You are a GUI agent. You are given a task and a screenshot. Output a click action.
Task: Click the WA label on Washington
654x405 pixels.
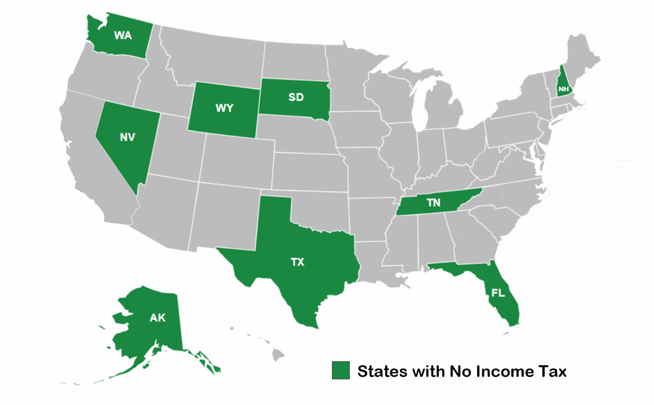tap(123, 36)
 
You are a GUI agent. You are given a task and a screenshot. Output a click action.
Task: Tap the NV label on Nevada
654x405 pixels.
tap(127, 137)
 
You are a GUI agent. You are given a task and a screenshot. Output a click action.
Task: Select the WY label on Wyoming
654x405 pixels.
tap(224, 108)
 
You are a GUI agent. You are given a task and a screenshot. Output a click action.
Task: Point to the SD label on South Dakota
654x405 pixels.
tap(296, 97)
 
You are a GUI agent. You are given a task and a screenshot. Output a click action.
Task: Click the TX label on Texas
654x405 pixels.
tap(298, 262)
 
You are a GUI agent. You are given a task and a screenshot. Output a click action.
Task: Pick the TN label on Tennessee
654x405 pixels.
tap(433, 203)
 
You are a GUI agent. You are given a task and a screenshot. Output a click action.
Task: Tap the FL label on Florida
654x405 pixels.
tap(498, 293)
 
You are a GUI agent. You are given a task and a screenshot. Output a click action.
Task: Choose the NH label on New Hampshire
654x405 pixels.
tap(563, 89)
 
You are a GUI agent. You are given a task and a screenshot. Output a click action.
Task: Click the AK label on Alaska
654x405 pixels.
tap(158, 318)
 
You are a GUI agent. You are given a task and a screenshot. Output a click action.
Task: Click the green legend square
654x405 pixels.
tap(341, 371)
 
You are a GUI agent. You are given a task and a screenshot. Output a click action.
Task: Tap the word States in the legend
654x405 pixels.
tap(382, 372)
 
